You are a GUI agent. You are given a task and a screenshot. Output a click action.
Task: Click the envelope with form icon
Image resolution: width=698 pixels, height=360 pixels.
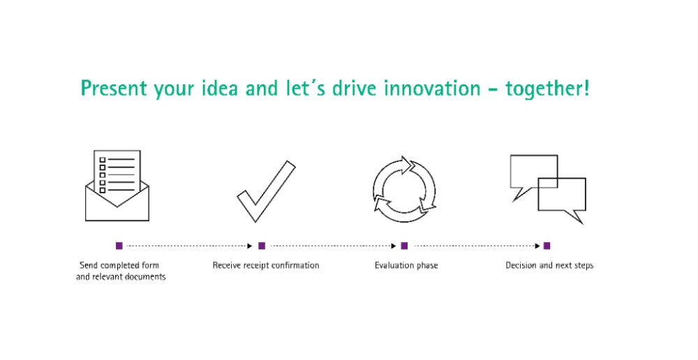[x=117, y=186]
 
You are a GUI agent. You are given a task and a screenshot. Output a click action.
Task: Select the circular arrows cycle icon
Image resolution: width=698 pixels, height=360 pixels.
[x=404, y=190]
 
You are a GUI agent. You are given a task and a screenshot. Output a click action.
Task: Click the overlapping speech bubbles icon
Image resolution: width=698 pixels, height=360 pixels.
[x=548, y=189]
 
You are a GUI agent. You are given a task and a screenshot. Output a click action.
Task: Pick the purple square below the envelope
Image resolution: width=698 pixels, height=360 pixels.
[x=119, y=246]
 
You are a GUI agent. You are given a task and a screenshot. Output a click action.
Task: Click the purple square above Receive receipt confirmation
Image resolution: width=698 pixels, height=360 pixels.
[x=262, y=246]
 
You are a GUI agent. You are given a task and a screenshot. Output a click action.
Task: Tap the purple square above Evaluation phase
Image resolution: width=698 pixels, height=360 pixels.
[x=404, y=246]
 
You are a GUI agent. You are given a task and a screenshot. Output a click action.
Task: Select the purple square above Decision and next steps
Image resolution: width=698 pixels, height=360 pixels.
[x=547, y=246]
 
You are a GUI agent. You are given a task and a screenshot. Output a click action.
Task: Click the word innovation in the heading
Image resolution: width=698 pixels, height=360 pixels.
[x=432, y=88]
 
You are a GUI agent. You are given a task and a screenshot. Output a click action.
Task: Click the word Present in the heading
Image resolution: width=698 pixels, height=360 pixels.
[x=114, y=88]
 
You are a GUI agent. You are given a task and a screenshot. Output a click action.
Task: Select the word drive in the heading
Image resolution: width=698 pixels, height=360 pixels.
[x=355, y=88]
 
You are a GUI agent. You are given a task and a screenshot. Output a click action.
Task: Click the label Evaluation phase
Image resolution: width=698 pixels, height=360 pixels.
[x=406, y=266]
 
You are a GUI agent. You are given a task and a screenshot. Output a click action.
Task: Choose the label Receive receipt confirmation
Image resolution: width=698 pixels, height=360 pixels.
[x=266, y=265]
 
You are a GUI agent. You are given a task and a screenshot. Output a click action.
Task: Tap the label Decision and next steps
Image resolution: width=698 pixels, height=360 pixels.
[x=550, y=266]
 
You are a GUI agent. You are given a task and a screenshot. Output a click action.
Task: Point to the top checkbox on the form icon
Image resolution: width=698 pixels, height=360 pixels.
[x=103, y=160]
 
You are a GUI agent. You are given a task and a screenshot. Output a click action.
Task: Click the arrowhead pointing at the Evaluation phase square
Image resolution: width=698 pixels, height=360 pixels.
[x=394, y=246]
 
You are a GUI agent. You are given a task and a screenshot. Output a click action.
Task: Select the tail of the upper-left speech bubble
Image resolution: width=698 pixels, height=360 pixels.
[x=520, y=193]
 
